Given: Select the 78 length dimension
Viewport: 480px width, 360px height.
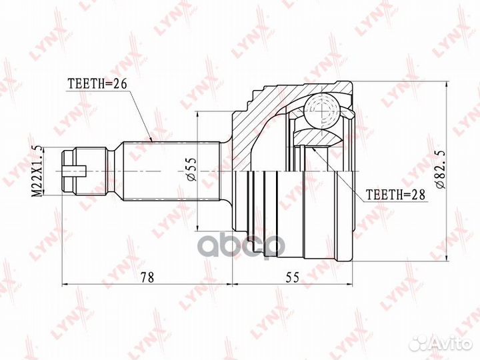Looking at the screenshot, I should click(147, 277).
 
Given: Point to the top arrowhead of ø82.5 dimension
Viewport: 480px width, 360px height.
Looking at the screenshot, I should click(446, 87).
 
